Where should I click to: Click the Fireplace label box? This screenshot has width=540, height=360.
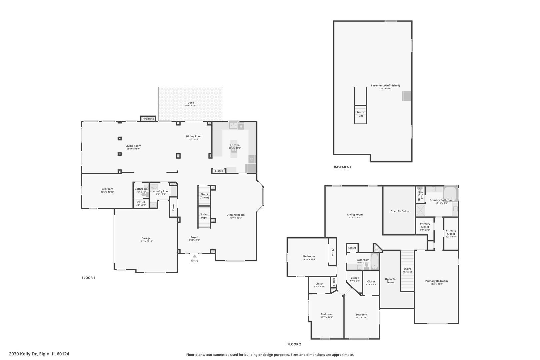pyautogui.click(x=148, y=119)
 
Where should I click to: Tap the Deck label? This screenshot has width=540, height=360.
pyautogui.click(x=191, y=103)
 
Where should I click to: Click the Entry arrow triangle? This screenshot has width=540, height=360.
pyautogui.click(x=194, y=256)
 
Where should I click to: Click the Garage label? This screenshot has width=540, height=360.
pyautogui.click(x=146, y=238)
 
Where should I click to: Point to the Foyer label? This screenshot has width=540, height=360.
pyautogui.click(x=194, y=237)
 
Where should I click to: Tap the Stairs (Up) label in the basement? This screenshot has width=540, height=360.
pyautogui.click(x=360, y=114)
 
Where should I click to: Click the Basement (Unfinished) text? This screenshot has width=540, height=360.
pyautogui.click(x=385, y=85)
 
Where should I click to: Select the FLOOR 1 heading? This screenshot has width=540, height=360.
pyautogui.click(x=89, y=278)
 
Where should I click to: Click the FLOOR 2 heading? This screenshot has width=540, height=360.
pyautogui.click(x=294, y=344)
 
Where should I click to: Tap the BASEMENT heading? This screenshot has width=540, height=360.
pyautogui.click(x=342, y=167)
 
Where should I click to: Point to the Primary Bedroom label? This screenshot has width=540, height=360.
pyautogui.click(x=436, y=281)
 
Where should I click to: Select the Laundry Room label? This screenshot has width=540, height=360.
pyautogui.click(x=161, y=191)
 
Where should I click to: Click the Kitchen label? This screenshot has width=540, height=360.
pyautogui.click(x=234, y=145)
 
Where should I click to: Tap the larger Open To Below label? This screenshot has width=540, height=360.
pyautogui.click(x=400, y=211)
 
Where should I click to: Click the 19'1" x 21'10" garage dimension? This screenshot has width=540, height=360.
pyautogui.click(x=146, y=241)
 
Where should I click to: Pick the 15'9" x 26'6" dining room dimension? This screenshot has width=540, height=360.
pyautogui.click(x=235, y=218)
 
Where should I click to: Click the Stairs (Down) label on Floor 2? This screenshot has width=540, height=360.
pyautogui.click(x=407, y=270)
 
